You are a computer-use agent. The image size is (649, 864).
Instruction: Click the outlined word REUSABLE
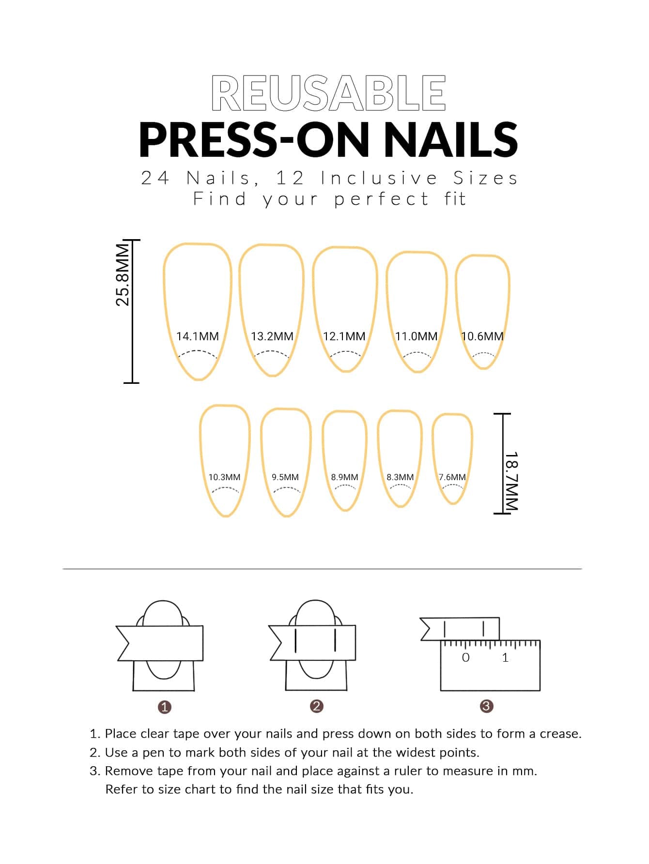pyautogui.click(x=328, y=93)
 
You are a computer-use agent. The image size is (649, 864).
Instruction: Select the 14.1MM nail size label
pyautogui.click(x=197, y=336)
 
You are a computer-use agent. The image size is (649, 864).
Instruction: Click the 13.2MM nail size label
pyautogui.click(x=272, y=336)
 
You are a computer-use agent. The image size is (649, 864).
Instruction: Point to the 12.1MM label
pyautogui.click(x=344, y=336)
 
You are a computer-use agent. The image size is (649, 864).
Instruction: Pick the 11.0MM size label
pyautogui.click(x=416, y=336)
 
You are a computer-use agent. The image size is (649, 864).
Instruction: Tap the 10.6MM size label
pyautogui.click(x=482, y=336)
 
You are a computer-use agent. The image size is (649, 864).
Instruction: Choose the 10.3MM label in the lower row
pyautogui.click(x=224, y=477)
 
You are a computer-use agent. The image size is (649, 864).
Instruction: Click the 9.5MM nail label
pyautogui.click(x=285, y=477)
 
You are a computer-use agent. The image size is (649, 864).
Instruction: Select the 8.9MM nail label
pyautogui.click(x=344, y=477)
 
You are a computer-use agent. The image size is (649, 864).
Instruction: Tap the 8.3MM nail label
pyautogui.click(x=400, y=477)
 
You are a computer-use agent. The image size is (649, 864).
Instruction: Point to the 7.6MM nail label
pyautogui.click(x=452, y=477)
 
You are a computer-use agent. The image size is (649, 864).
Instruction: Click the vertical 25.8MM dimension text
pyautogui.click(x=123, y=274)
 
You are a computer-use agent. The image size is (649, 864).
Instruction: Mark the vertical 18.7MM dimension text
pyautogui.click(x=511, y=481)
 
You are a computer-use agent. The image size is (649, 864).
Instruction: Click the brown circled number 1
pyautogui.click(x=165, y=707)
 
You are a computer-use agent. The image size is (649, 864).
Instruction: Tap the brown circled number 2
pyautogui.click(x=316, y=706)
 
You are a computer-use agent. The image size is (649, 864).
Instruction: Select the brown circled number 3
pyautogui.click(x=486, y=706)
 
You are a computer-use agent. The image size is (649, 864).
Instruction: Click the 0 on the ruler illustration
pyautogui.click(x=465, y=658)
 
